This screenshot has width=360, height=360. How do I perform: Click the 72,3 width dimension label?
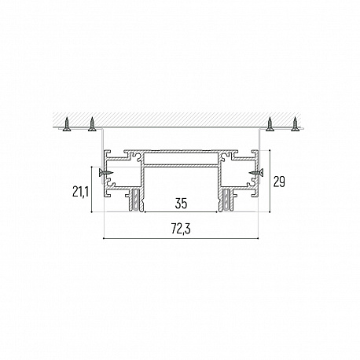[x=181, y=229]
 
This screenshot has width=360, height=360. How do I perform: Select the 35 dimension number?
[x=181, y=204]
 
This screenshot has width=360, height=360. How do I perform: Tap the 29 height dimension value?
[x=279, y=182]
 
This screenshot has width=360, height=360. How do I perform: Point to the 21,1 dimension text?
[x=80, y=192]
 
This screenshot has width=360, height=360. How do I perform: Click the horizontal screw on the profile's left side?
[x=106, y=172]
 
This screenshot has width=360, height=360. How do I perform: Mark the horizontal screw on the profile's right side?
[x=256, y=172]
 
